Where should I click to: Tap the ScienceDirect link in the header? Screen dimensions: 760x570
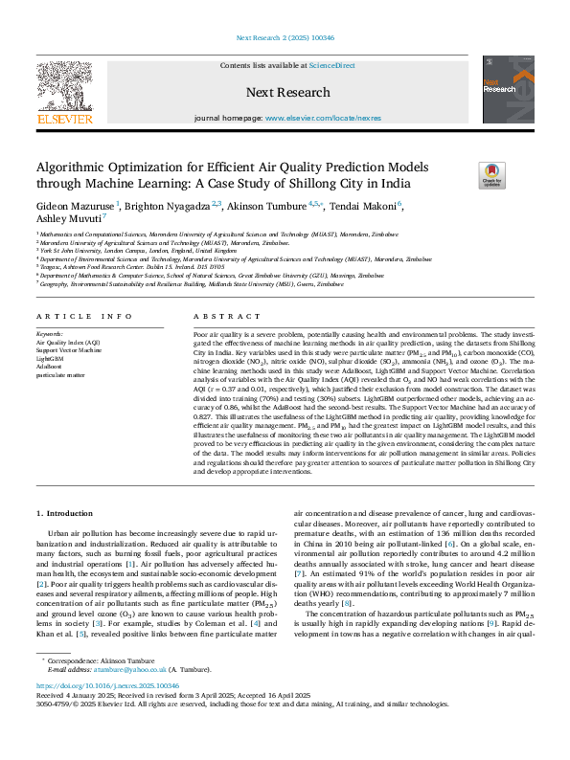(331, 65)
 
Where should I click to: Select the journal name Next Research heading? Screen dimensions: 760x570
(287, 93)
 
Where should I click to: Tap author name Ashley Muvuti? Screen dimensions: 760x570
(68, 218)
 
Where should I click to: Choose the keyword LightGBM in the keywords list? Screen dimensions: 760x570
(51, 358)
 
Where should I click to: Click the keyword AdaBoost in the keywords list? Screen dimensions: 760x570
(50, 366)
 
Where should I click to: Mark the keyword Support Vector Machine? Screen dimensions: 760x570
(68, 350)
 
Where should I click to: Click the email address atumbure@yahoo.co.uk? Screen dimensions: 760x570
(136, 697)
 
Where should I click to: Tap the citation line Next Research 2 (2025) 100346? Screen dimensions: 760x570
(285, 38)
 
